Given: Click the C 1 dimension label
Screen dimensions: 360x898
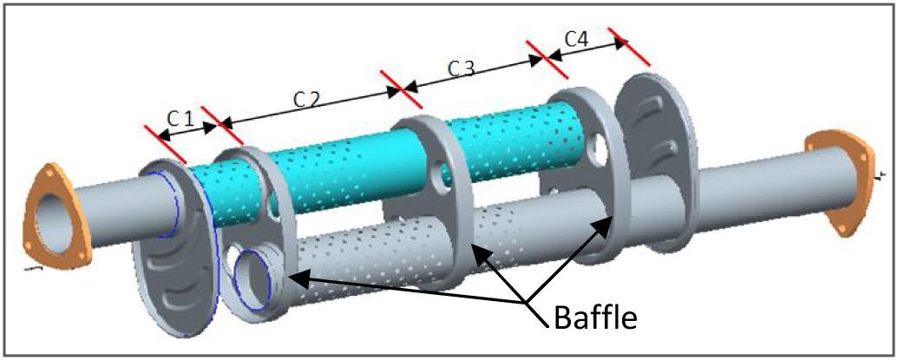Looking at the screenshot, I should pos(179,118).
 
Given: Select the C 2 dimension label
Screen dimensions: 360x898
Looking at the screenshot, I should pos(305,99).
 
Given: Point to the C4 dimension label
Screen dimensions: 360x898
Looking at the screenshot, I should pos(576,40).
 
